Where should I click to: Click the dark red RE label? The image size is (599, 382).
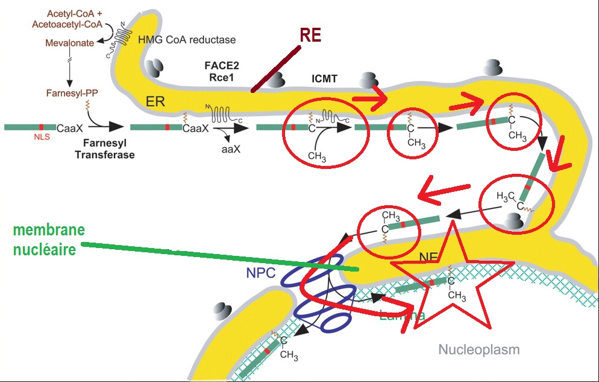(x=311, y=36)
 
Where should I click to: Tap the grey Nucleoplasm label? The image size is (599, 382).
(x=478, y=349)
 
